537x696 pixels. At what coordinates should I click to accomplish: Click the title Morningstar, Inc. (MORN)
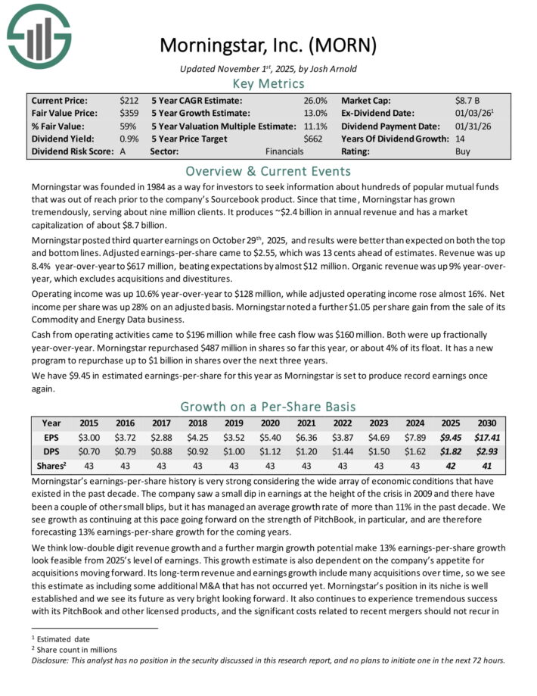click(x=268, y=45)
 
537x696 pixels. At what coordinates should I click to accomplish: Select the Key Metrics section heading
click(x=268, y=83)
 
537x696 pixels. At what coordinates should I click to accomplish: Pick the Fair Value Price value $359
click(x=129, y=113)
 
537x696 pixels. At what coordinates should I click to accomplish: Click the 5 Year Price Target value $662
click(x=314, y=139)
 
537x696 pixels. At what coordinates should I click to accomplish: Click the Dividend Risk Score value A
click(x=123, y=151)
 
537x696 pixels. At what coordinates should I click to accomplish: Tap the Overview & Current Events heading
click(x=268, y=170)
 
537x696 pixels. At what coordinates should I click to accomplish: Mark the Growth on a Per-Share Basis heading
click(x=268, y=407)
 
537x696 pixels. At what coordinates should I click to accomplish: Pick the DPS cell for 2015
click(x=90, y=451)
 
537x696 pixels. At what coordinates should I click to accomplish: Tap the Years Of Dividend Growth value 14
click(x=461, y=139)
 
